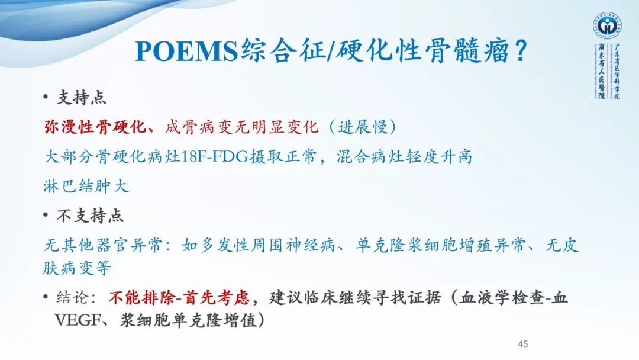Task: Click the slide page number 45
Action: pyautogui.click(x=522, y=343)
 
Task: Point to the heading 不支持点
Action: pyautogui.click(x=90, y=216)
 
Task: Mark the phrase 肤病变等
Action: pyautogui.click(x=78, y=268)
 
